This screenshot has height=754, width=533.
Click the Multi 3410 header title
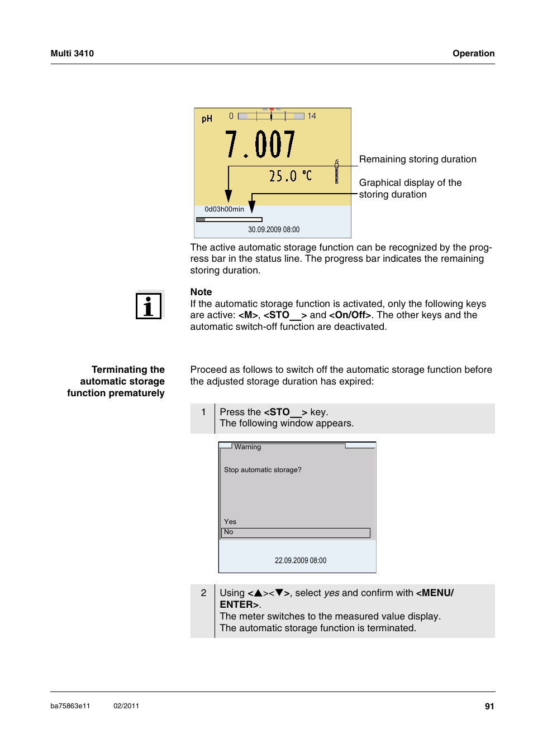click(x=72, y=54)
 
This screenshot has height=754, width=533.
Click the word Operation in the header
click(x=473, y=54)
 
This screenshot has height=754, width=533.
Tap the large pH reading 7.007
click(x=260, y=145)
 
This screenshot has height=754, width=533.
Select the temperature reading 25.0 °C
click(x=290, y=176)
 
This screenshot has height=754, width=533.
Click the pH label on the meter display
click(x=207, y=119)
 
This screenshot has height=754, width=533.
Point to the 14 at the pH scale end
click(x=312, y=116)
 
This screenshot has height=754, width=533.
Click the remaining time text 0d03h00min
click(x=224, y=209)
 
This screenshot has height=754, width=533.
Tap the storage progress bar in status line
click(x=229, y=220)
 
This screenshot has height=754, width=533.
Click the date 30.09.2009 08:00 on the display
click(x=273, y=229)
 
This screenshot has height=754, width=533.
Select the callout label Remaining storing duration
click(x=417, y=159)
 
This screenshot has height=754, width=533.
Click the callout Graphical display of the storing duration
click(x=410, y=188)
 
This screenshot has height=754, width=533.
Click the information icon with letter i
click(x=149, y=306)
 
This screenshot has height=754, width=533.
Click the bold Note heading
click(x=201, y=292)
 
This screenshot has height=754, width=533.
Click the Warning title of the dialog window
click(x=248, y=447)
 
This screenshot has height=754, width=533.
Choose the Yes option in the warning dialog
click(x=230, y=522)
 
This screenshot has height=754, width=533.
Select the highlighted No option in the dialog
click(x=296, y=532)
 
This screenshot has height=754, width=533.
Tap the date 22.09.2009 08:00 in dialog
click(x=300, y=560)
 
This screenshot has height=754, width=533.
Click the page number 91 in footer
click(x=489, y=706)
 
